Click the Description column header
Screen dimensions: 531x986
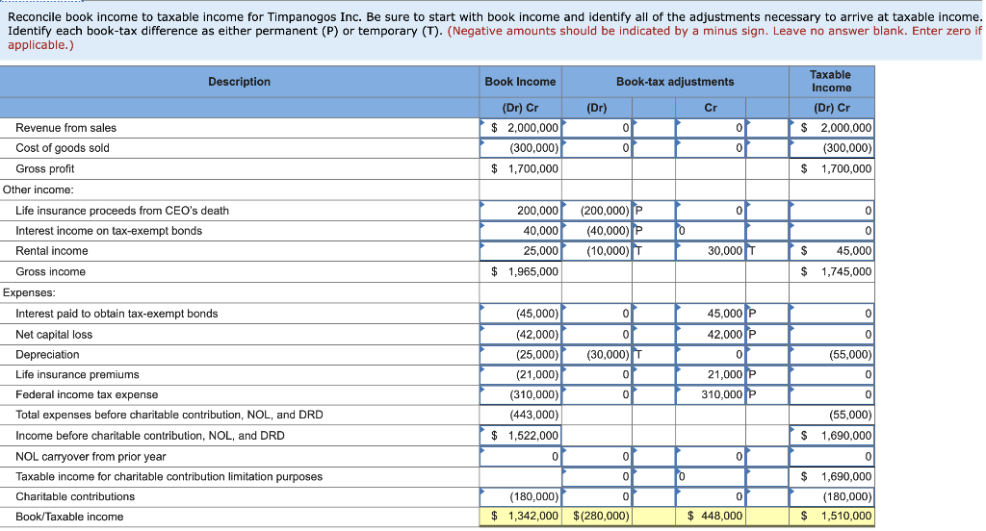tap(239, 82)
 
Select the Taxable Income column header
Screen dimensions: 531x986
tap(830, 81)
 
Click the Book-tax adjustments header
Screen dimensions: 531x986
tap(674, 82)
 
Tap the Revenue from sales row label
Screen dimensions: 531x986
tap(65, 128)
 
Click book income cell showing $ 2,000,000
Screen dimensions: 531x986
tap(520, 128)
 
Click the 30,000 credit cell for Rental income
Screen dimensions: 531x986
tap(709, 251)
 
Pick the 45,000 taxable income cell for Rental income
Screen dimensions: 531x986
tap(831, 251)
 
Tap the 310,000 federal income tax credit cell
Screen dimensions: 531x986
tap(709, 394)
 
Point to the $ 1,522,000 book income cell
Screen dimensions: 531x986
tap(520, 436)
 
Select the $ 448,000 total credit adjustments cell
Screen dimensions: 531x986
tap(709, 517)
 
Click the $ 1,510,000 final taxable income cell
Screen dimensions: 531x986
tap(831, 517)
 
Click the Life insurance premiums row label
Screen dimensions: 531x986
tap(77, 374)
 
